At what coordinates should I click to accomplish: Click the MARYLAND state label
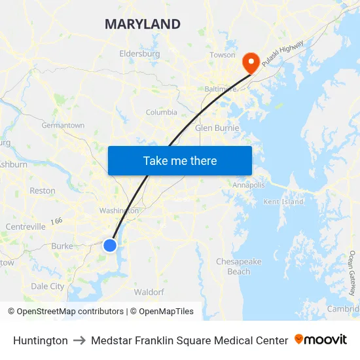pos(143,25)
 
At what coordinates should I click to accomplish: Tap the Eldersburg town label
pos(139,54)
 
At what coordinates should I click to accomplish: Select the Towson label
pos(223,55)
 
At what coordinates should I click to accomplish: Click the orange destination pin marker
pos(250,62)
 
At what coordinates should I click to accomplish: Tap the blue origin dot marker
pos(110,245)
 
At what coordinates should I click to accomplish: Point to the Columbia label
pos(161,112)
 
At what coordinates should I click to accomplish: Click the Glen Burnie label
pos(217,128)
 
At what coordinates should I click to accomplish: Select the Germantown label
pos(63,125)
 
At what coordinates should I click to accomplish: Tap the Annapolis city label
pos(249,185)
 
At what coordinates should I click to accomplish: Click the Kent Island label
pos(283,202)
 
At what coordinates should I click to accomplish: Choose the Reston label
pos(43,190)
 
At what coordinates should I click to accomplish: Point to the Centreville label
pos(26,226)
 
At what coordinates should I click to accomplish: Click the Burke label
pos(62,246)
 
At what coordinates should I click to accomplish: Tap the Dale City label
pos(48,286)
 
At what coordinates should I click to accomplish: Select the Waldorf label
pos(149,292)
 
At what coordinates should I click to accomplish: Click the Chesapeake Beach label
pos(239,266)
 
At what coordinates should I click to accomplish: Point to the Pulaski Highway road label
pos(283,54)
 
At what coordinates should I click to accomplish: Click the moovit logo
pos(321,340)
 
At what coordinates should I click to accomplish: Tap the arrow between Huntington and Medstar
pos(79,340)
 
